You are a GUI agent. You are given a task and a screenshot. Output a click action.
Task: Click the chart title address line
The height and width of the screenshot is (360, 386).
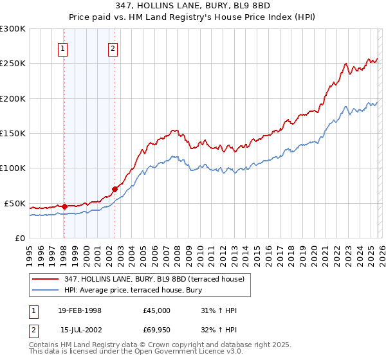(x=192, y=4)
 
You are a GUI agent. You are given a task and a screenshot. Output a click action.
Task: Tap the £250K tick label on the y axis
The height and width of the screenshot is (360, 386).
(x=13, y=64)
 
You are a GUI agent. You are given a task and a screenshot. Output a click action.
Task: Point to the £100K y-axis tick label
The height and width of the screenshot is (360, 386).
(x=13, y=168)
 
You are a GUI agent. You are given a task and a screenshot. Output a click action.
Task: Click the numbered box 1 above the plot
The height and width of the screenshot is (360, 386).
(x=64, y=49)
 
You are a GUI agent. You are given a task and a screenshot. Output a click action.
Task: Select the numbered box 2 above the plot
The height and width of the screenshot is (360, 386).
(x=113, y=49)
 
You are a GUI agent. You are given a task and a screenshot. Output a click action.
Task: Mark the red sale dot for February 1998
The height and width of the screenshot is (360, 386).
(x=64, y=206)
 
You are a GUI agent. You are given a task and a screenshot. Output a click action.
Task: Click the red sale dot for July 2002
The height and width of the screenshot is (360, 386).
(x=115, y=189)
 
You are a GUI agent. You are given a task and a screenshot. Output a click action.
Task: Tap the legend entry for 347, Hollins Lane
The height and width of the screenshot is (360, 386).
(x=154, y=280)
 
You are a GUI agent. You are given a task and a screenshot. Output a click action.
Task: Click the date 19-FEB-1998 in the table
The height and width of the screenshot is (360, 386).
(x=80, y=310)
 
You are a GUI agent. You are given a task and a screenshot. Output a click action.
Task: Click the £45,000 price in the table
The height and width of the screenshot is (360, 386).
(x=157, y=310)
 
